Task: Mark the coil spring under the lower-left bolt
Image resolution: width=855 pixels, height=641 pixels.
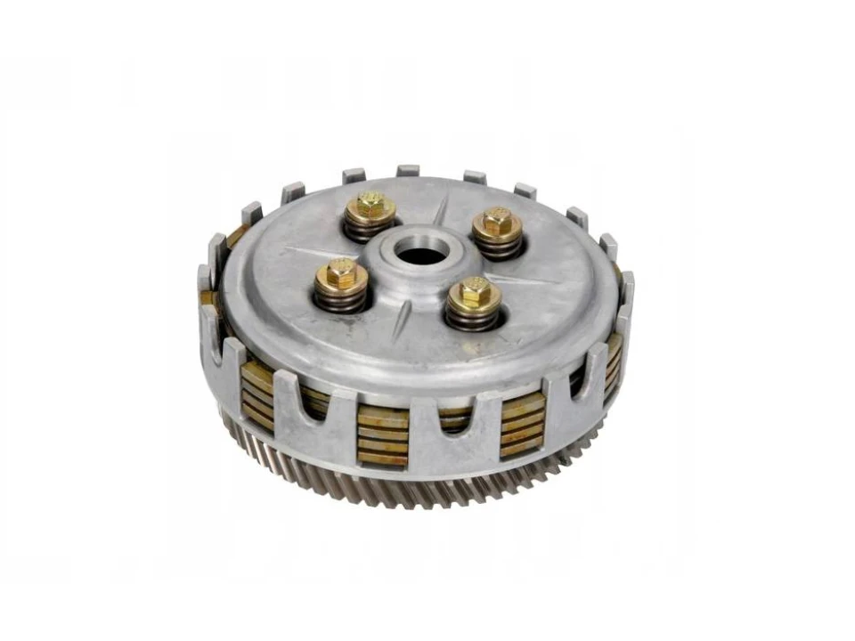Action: (340, 299)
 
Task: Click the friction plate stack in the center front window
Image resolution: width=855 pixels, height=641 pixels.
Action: (382, 435)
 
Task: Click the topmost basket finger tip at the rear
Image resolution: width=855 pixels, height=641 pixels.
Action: (408, 169)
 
